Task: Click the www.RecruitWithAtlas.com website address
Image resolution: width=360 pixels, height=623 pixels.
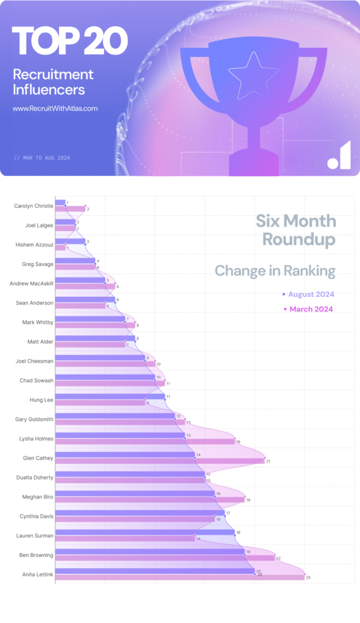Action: [55, 109]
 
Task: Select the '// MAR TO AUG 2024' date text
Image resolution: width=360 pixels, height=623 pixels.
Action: [42, 158]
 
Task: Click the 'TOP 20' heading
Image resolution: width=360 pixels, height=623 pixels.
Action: [69, 42]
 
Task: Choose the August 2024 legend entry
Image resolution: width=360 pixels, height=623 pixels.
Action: [310, 294]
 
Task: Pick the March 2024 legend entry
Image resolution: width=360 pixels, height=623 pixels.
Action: [310, 309]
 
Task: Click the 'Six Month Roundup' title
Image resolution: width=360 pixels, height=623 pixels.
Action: [296, 230]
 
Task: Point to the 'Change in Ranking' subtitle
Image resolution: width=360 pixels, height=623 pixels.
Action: [275, 270]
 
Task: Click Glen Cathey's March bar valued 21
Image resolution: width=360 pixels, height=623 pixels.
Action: [159, 461]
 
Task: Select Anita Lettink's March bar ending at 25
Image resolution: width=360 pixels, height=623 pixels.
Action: [179, 577]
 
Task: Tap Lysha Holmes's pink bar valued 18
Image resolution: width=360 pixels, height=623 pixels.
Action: [145, 442]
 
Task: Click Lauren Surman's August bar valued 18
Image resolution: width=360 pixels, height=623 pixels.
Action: [145, 532]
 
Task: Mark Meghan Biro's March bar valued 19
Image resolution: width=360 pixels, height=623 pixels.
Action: [150, 499]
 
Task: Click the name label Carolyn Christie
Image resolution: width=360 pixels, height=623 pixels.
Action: [33, 206]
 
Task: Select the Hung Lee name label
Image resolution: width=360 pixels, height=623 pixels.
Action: [41, 400]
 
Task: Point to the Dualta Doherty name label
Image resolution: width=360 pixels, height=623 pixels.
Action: [35, 478]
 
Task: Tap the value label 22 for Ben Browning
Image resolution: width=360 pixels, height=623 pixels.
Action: [278, 558]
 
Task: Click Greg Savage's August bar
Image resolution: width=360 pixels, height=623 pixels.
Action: [75, 260]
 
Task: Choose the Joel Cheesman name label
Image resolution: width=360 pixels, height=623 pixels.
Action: [34, 361]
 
